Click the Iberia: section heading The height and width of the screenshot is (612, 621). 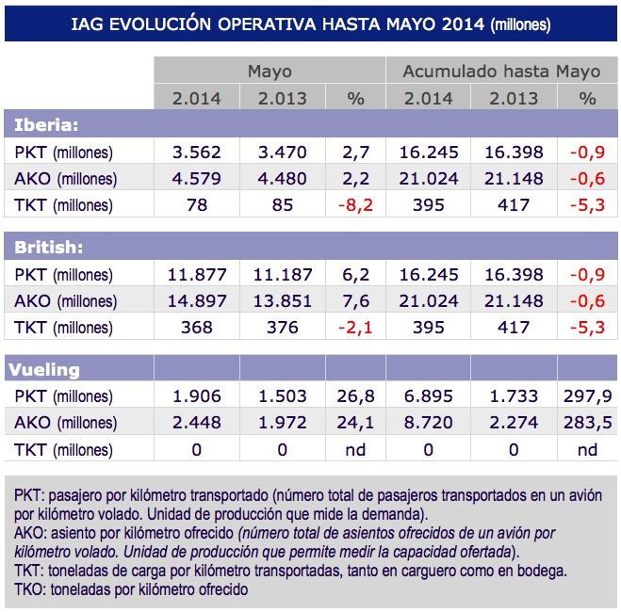46,125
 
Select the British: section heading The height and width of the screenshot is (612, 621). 47,248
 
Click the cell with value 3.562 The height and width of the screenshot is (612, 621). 196,153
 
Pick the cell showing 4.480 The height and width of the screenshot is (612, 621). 283,179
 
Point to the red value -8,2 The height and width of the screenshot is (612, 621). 355,205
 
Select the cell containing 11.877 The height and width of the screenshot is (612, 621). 196,275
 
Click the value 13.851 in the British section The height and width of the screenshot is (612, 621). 283,301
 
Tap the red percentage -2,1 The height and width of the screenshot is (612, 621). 355,328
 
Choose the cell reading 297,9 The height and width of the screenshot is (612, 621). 587,396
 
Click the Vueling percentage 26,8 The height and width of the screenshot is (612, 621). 355,396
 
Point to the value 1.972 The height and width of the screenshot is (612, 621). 283,423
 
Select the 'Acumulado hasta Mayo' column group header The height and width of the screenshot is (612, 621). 500,72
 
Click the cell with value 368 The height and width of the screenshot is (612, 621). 196,328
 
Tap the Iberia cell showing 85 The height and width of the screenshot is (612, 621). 283,205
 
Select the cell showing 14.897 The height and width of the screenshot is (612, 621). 196,301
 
